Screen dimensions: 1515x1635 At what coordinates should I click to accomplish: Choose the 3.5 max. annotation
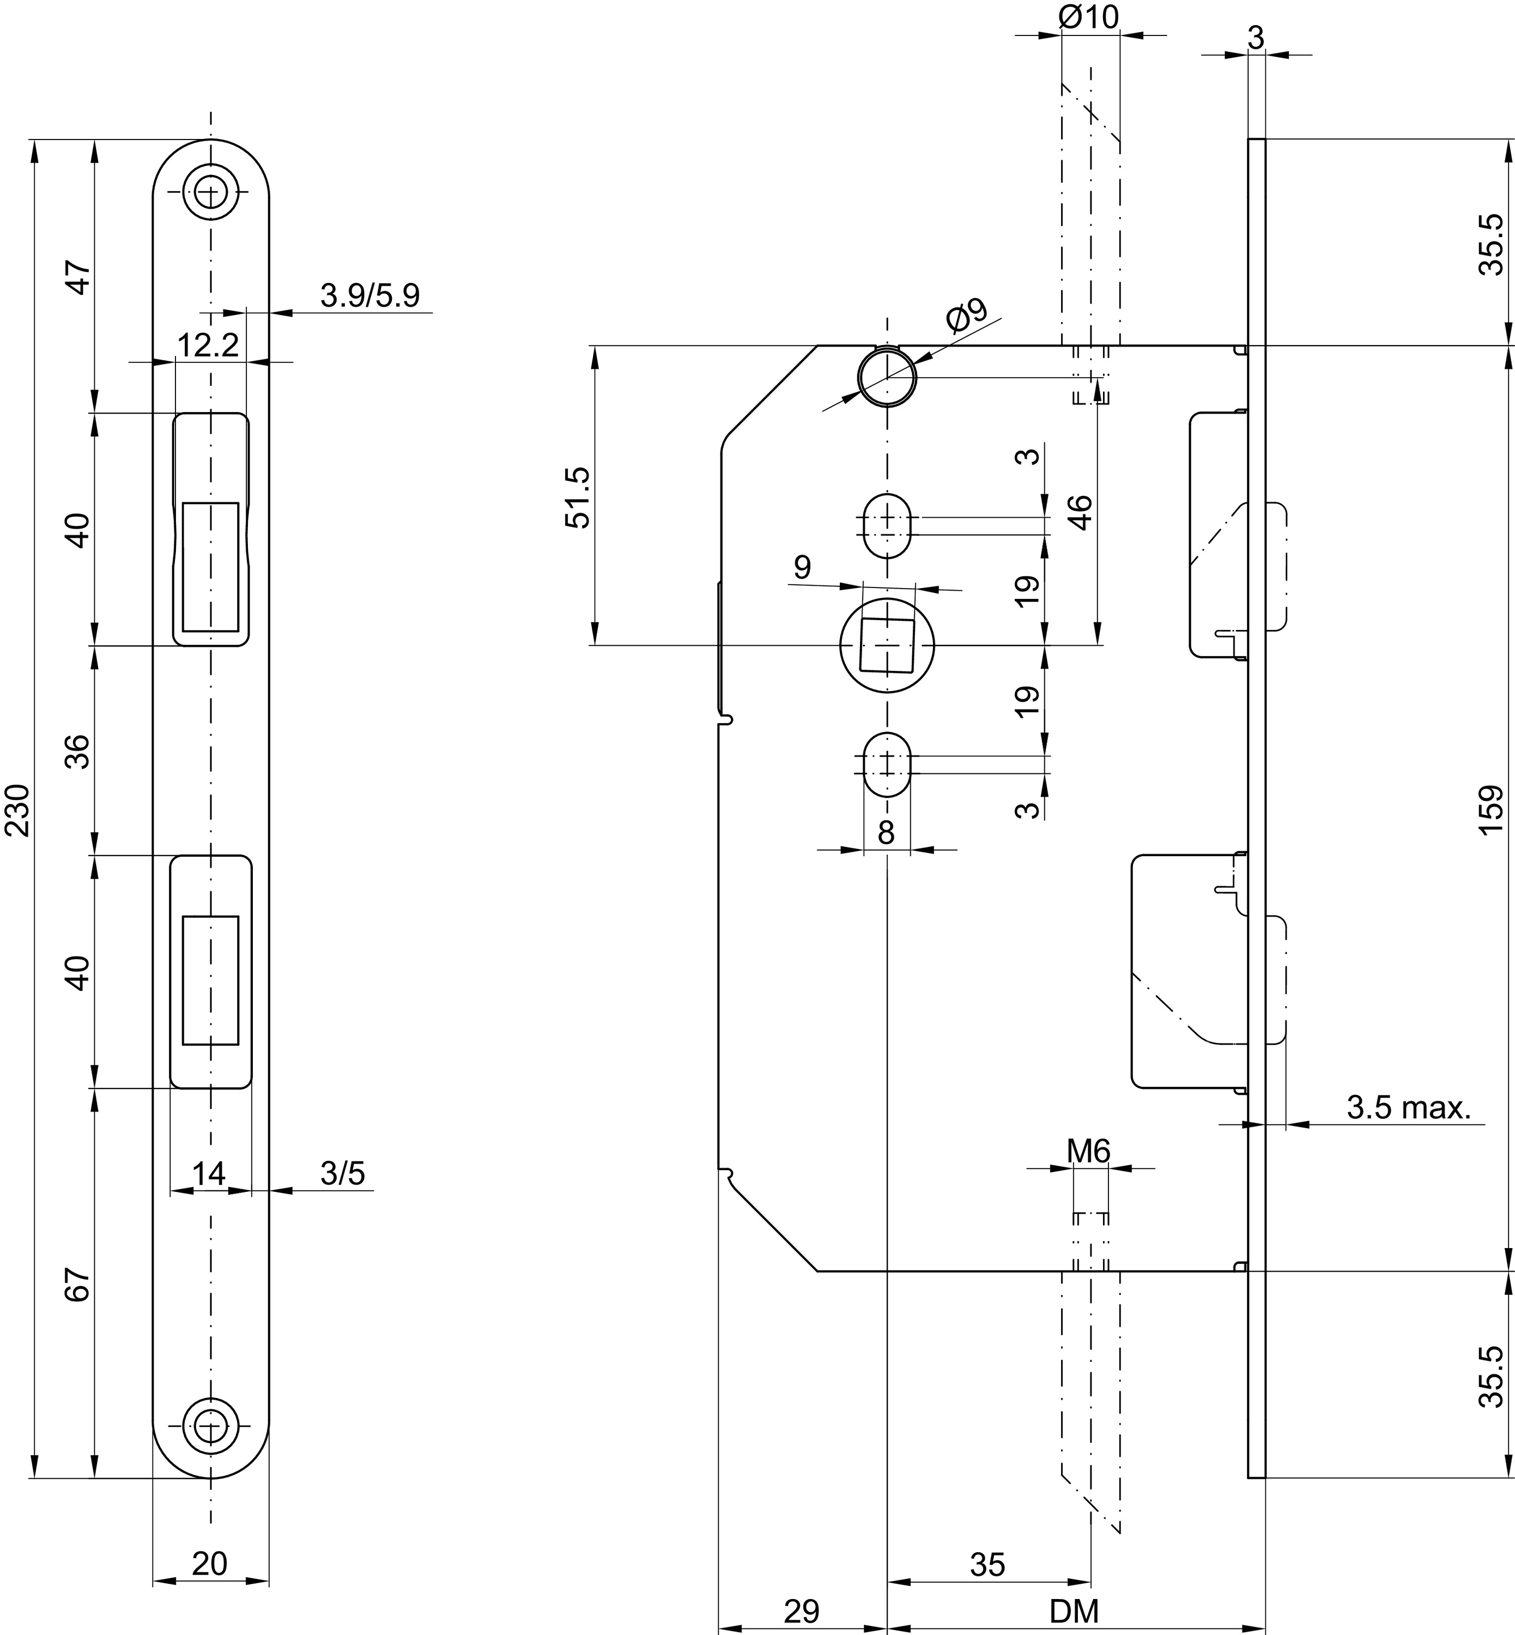(x=1408, y=1108)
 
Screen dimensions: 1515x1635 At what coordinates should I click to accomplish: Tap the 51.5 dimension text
(x=578, y=498)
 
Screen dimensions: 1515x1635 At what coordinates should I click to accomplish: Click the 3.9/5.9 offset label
(x=369, y=295)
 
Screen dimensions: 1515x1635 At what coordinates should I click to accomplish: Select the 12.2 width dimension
(x=208, y=345)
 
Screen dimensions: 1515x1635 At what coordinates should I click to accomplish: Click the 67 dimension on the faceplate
(x=77, y=1285)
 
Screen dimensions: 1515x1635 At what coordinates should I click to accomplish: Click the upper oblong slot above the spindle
(x=886, y=525)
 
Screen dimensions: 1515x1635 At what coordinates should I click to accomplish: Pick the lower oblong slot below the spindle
(x=886, y=764)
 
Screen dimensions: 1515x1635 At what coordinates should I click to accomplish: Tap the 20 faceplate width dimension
(x=209, y=1564)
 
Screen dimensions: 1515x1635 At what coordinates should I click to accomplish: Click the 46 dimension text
(x=1081, y=512)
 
